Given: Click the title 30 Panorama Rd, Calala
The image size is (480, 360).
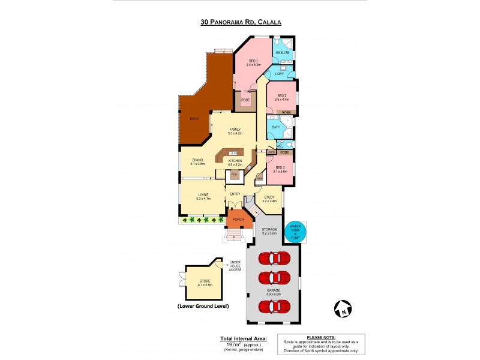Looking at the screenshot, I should tap(241, 22).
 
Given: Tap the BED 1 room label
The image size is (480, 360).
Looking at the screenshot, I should tap(253, 61).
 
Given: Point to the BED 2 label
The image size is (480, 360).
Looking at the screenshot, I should tap(281, 96).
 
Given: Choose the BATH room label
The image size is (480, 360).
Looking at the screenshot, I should tap(276, 127).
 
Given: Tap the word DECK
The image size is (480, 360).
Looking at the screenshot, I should tap(194, 119).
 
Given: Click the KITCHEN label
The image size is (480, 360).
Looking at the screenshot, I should tap(235, 161).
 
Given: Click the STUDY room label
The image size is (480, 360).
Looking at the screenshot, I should tap(269, 197).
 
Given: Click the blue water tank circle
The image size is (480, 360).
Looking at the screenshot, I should tap(295, 232).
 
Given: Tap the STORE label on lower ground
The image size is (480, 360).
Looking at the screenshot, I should tap(206, 282).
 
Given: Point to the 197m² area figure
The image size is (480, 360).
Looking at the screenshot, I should tap(230, 346).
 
